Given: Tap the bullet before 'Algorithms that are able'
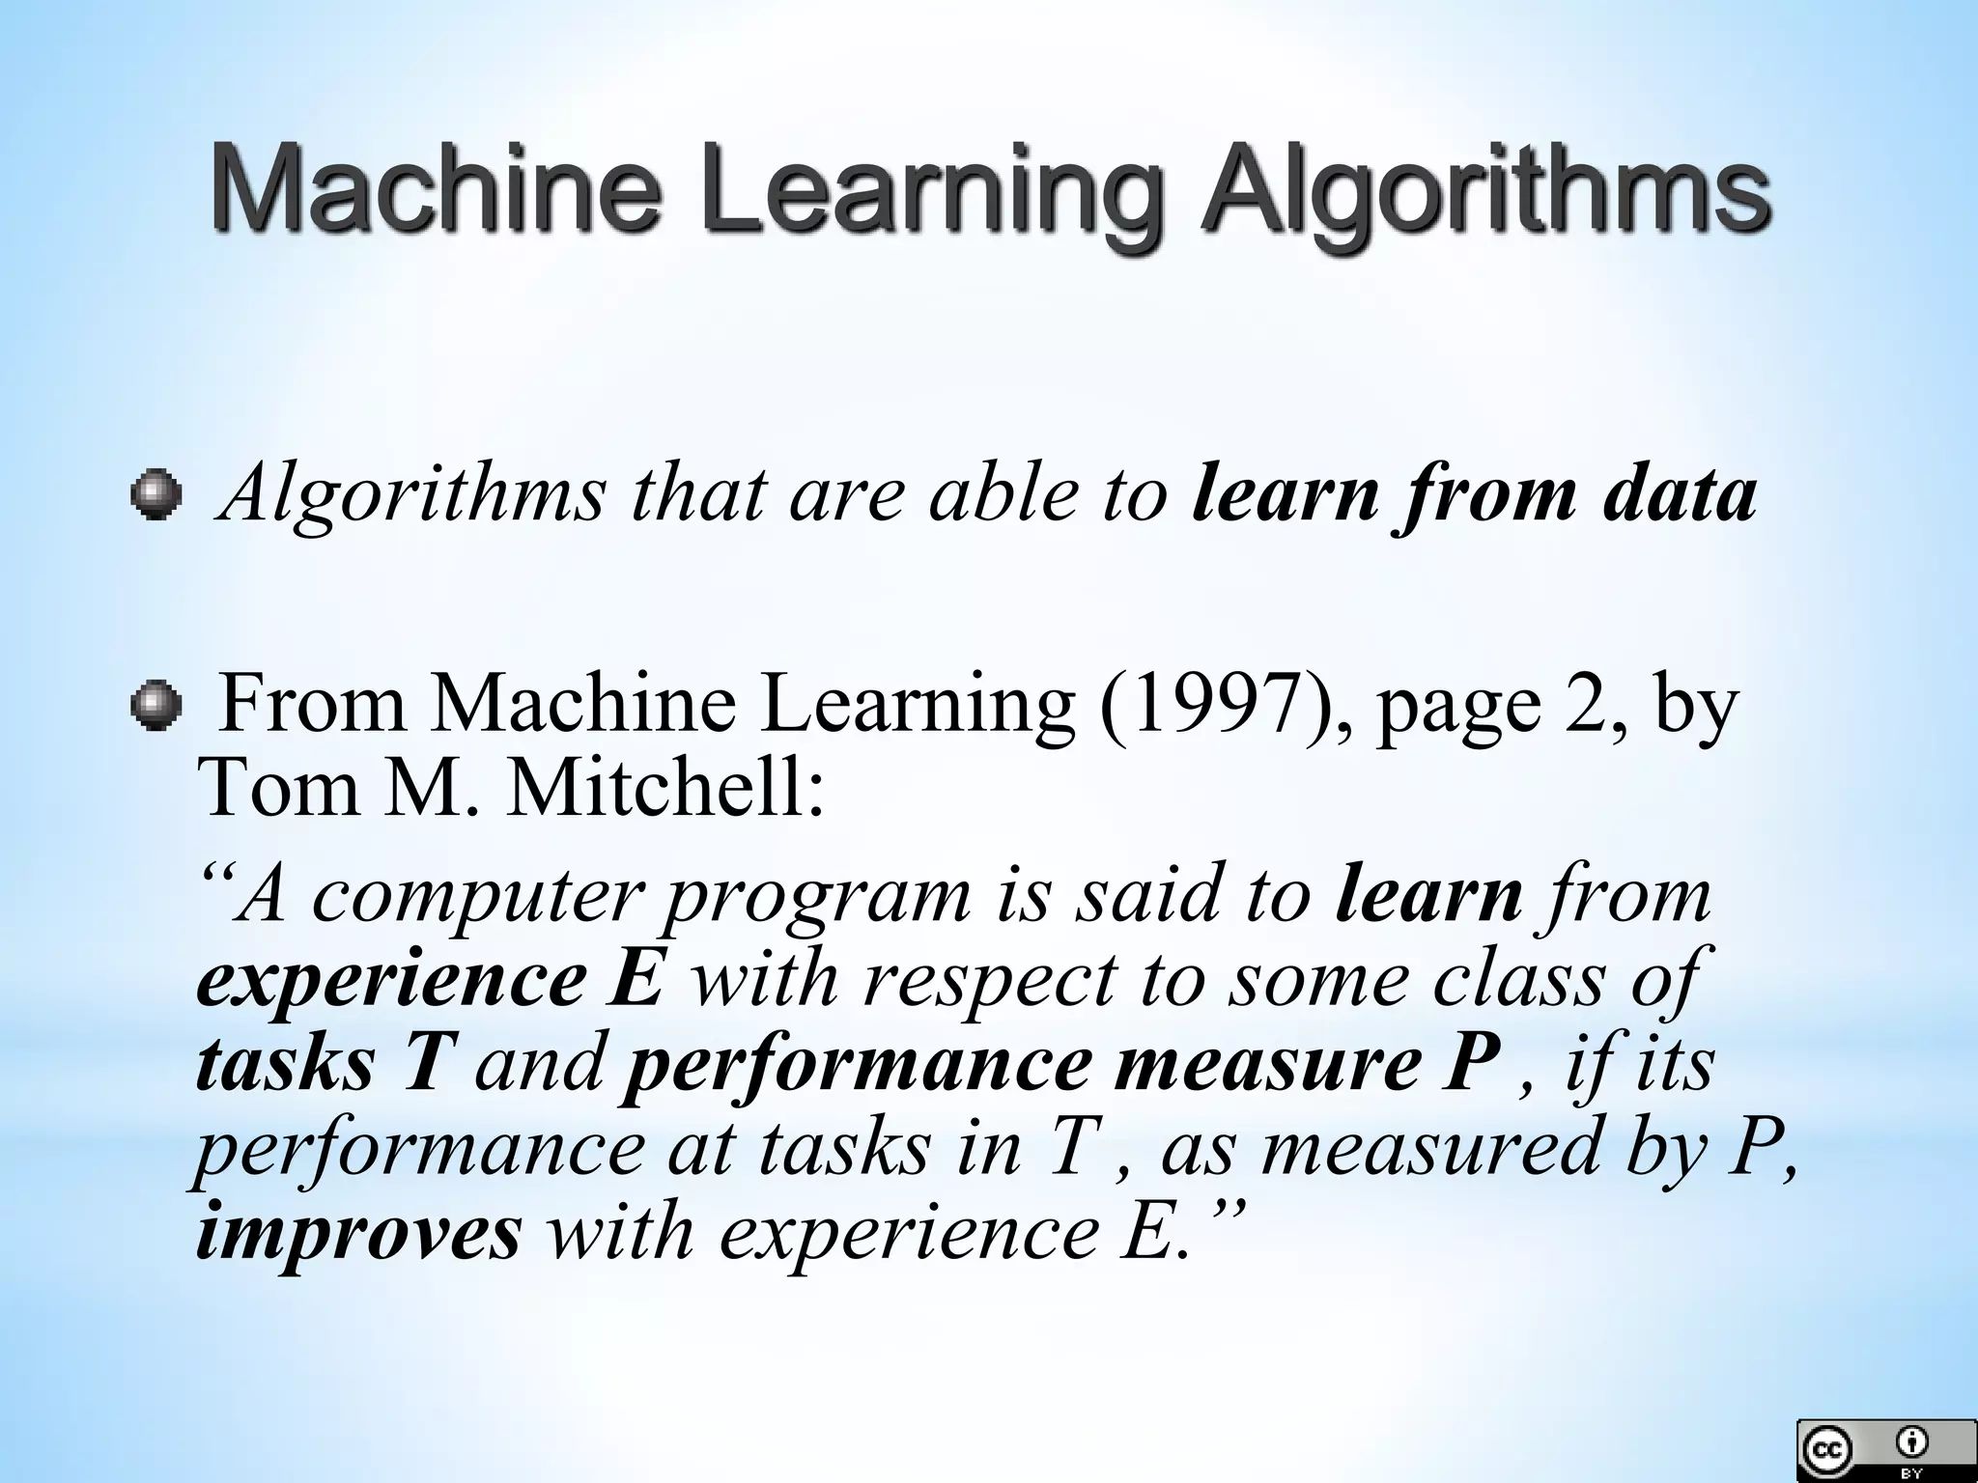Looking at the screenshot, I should (x=155, y=496).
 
